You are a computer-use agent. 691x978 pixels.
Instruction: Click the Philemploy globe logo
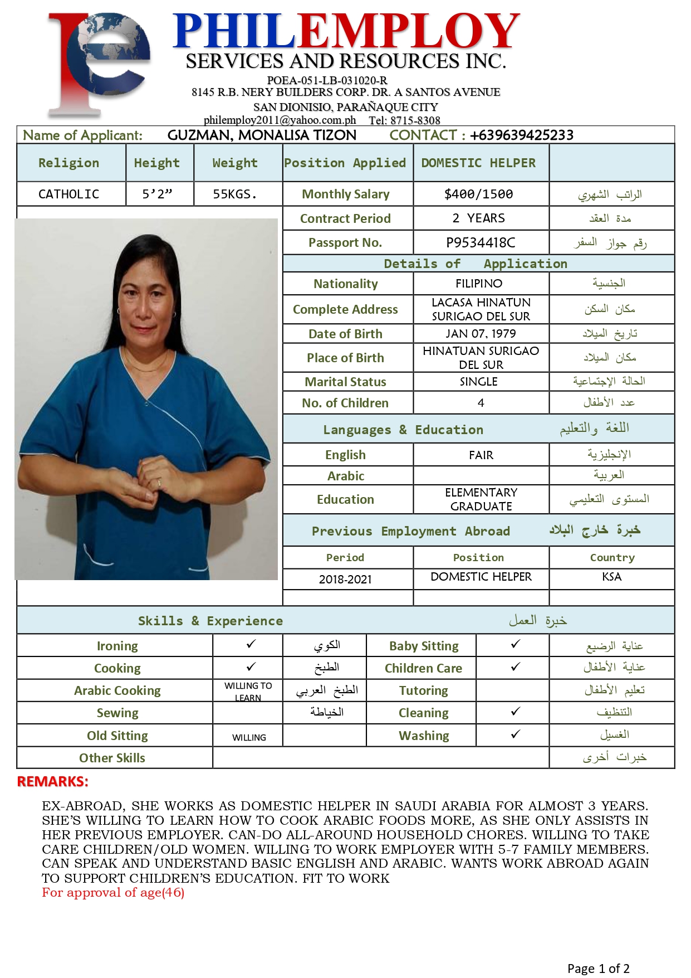point(99,62)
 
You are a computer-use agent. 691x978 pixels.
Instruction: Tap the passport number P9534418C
point(481,242)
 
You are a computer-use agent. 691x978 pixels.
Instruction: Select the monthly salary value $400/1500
point(478,194)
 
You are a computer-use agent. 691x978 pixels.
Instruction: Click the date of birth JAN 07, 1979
point(481,334)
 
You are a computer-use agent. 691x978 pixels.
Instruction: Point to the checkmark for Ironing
point(251,644)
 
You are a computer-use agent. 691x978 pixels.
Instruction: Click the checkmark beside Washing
point(516,734)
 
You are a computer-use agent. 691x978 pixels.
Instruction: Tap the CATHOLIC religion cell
point(68,194)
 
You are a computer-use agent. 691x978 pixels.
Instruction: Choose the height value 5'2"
point(157,194)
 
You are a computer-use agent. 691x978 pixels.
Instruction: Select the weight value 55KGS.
point(234,194)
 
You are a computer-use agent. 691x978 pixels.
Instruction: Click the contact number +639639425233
point(521,135)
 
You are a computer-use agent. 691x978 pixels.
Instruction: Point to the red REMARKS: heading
point(53,781)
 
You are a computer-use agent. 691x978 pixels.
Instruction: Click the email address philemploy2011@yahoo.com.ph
point(280,120)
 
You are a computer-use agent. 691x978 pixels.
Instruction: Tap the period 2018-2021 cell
point(345,579)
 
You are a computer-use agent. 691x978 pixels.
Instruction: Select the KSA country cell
point(611,577)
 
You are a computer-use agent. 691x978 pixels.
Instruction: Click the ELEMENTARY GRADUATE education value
point(481,499)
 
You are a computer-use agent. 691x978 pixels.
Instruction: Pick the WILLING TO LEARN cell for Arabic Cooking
point(248,691)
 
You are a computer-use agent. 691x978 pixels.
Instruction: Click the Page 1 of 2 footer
point(598,969)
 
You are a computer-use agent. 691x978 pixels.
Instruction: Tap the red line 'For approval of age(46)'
point(113,893)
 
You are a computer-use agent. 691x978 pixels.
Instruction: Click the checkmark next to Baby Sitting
point(516,644)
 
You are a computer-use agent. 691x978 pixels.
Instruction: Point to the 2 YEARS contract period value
point(478,218)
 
